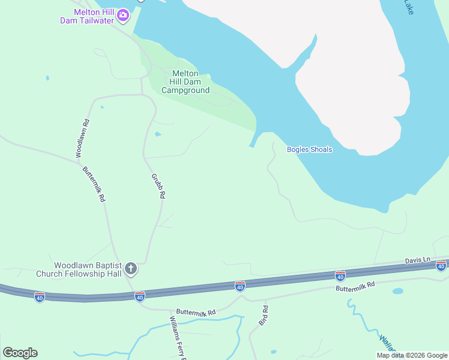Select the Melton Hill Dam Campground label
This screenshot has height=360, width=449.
(x=185, y=82)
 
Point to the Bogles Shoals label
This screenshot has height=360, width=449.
(x=309, y=149)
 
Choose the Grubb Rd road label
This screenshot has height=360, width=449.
(x=158, y=187)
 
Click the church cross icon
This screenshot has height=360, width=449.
(x=131, y=269)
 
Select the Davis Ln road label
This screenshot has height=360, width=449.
(x=418, y=260)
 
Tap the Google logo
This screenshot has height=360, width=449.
(x=20, y=352)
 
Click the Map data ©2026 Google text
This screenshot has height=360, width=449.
(x=412, y=355)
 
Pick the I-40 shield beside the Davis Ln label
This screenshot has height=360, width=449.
(x=441, y=266)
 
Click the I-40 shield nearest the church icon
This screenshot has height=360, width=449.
(x=140, y=296)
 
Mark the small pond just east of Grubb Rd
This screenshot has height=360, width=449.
(x=158, y=134)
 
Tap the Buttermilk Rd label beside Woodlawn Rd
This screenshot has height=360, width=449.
(x=94, y=184)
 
